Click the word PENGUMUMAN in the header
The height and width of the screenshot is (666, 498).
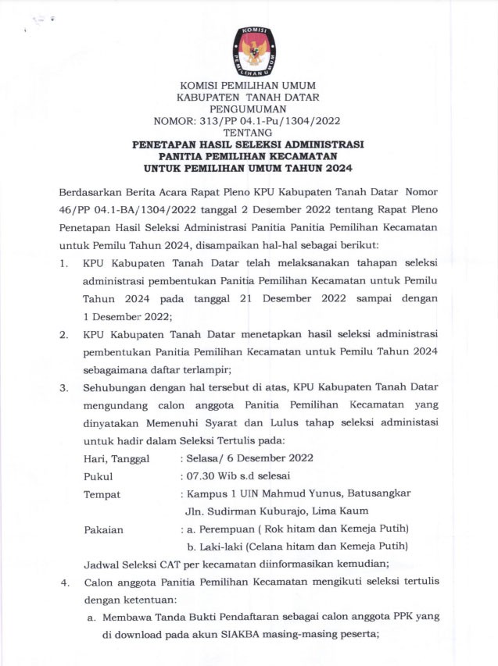pyautogui.click(x=249, y=109)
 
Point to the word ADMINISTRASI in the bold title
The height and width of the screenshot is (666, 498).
pyautogui.click(x=327, y=144)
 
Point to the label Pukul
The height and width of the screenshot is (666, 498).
pyautogui.click(x=99, y=476)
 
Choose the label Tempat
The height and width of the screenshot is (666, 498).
pyautogui.click(x=102, y=494)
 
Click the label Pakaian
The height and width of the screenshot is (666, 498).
pyautogui.click(x=104, y=529)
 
